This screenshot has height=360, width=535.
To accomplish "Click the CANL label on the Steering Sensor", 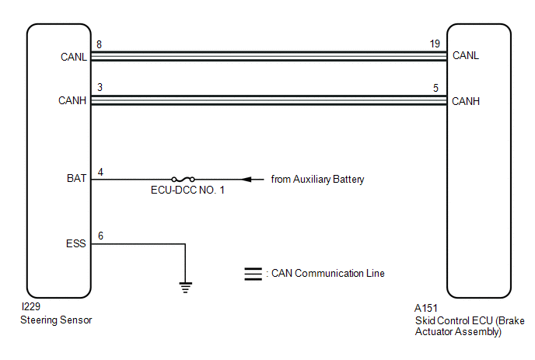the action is pos(74,57).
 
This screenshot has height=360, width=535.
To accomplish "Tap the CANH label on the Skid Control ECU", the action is pos(466,101).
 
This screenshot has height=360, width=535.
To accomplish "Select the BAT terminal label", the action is pos(76,179).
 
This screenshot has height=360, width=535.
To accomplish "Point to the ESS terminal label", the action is pos(75,243).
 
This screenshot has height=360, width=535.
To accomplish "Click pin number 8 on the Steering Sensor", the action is pos(99,44).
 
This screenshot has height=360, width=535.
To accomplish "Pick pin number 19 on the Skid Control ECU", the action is pos(435,44).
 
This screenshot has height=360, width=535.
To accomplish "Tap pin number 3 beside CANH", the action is pos(100,87).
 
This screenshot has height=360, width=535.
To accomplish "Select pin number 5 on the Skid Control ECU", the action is pos(435,88).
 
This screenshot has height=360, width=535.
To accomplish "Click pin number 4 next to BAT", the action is pos(100,172).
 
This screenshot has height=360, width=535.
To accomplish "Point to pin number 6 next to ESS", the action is pos(100,236).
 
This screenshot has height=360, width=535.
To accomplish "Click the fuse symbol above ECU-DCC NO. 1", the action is pos(184,179).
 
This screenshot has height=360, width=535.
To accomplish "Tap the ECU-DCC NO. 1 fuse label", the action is pos(187,190).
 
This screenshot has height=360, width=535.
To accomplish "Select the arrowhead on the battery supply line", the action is pos(247,179).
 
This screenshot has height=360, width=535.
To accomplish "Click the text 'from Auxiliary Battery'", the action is pos(317,180).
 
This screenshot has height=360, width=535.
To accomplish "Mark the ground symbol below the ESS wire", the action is pos(185,288).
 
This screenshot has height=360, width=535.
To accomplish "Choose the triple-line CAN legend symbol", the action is pos(254,274).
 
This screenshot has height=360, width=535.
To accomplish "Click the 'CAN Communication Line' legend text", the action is pos(328,274).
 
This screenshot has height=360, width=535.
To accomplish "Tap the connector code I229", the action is pos(30,307).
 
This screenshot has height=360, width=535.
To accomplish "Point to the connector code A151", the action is pos(426,308).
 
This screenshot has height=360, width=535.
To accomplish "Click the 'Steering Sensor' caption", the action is pos(56,320).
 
